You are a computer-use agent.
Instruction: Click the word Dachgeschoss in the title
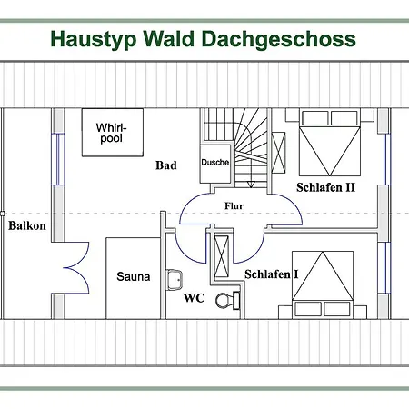(278, 39)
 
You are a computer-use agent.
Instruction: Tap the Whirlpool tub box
(113, 133)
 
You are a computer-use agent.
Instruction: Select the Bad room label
(166, 165)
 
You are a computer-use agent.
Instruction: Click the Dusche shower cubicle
(215, 164)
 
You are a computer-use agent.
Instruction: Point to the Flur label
(234, 206)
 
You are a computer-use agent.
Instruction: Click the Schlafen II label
(325, 187)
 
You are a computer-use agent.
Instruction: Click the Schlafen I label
(271, 274)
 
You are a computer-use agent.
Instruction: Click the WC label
(195, 298)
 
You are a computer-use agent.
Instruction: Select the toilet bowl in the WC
(224, 301)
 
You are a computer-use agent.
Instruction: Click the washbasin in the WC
(175, 279)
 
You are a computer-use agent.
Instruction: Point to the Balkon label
(27, 225)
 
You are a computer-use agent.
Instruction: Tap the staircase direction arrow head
(251, 185)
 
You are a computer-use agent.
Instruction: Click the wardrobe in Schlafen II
(278, 153)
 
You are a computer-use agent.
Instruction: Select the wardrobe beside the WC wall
(222, 256)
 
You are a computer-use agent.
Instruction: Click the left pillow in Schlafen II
(315, 118)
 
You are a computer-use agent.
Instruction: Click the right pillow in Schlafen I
(337, 309)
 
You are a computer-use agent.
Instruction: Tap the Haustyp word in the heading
(94, 39)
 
